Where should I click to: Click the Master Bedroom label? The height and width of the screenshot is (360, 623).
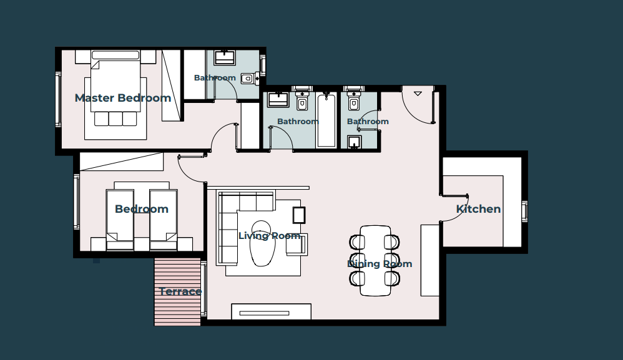[123, 98]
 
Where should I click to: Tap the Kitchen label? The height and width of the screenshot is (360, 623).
[478, 209]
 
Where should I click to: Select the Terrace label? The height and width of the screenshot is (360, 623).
[180, 292]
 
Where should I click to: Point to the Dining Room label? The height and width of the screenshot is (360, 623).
[380, 264]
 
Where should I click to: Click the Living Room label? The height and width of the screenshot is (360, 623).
[270, 236]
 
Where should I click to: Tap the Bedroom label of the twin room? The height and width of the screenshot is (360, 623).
[142, 209]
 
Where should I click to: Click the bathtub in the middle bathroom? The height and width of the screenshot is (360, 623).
[326, 120]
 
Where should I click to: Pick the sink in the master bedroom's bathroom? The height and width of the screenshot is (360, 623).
[225, 57]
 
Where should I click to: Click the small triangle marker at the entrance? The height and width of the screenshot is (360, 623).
[418, 94]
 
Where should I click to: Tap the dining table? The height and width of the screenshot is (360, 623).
[375, 261]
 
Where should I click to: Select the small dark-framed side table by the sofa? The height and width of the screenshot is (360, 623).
[299, 215]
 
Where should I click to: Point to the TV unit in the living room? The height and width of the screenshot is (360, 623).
[272, 311]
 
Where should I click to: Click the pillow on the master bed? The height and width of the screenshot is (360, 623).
[115, 55]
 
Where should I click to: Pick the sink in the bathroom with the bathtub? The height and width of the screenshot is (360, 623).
[278, 99]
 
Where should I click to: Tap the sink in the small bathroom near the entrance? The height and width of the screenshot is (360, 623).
[355, 142]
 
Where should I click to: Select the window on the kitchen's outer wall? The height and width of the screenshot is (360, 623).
[525, 211]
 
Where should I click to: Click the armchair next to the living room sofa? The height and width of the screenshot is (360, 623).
[297, 245]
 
